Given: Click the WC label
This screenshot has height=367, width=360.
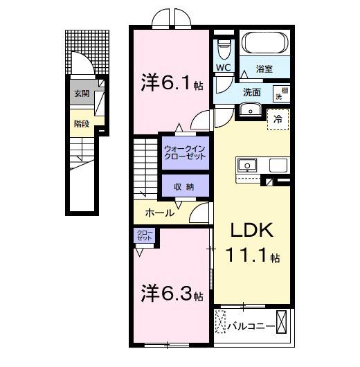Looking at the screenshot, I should click(223, 67).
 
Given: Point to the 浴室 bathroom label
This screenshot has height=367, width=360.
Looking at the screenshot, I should click(264, 69).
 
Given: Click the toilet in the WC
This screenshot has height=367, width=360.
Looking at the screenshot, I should click(223, 49).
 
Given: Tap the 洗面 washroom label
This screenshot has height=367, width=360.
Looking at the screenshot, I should click(251, 92).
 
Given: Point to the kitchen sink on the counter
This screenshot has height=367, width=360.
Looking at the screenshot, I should click(247, 166).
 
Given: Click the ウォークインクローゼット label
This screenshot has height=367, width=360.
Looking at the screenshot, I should click(185, 152).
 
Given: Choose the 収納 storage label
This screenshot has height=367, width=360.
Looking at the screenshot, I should click(185, 187).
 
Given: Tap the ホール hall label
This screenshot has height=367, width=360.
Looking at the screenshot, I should click(160, 213).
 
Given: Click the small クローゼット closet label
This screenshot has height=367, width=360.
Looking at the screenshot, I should click(144, 235).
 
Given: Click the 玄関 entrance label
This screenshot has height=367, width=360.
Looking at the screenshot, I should click(81, 93).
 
